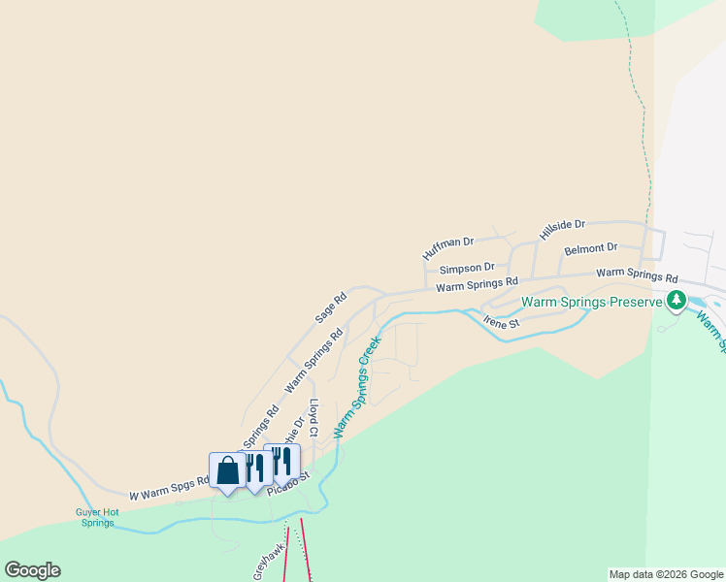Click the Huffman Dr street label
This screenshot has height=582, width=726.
click(447, 247)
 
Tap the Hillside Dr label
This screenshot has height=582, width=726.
click(563, 229)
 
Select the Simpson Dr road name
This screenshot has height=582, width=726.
click(467, 268)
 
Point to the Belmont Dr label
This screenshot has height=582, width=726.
click(590, 249)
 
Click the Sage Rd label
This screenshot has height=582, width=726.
click(330, 308)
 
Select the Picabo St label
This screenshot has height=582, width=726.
click(290, 478)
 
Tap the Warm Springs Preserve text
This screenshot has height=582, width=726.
click(592, 302)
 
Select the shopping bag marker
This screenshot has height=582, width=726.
click(227, 472)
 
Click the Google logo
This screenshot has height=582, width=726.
click(32, 570)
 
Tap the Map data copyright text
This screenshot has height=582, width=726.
click(665, 574)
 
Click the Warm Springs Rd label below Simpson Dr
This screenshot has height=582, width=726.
click(477, 284)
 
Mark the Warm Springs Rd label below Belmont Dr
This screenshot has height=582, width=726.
click(637, 275)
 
